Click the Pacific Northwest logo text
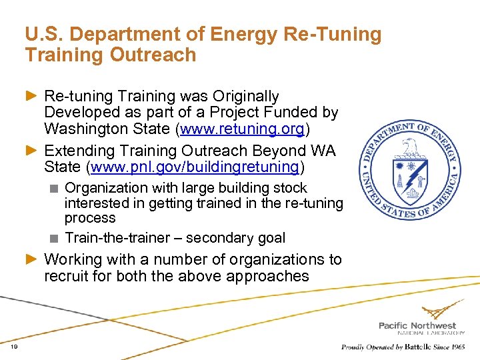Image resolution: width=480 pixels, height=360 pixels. tap(417, 325)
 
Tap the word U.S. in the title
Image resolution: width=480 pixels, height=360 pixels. tap(41, 33)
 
